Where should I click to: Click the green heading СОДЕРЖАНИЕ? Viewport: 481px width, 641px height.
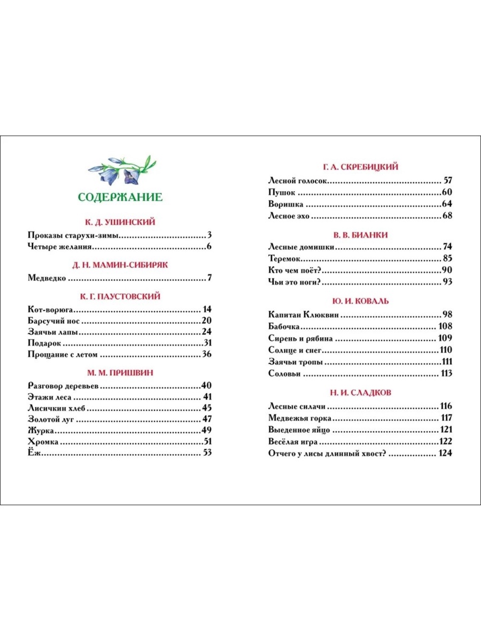[120, 197]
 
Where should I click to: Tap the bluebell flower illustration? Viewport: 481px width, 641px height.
[121, 169]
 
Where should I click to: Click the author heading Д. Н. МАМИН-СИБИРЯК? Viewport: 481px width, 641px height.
[120, 264]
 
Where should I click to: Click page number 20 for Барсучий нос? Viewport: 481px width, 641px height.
[207, 320]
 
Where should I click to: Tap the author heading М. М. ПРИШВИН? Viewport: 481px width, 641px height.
[120, 372]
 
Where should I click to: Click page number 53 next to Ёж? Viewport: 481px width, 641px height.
[207, 453]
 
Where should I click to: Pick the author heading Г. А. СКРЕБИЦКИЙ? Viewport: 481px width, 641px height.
[361, 167]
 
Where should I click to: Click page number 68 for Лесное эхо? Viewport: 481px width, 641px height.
[447, 216]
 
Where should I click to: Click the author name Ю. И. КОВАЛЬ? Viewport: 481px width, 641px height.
[361, 301]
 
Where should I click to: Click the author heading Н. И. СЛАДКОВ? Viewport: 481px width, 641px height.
[361, 392]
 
